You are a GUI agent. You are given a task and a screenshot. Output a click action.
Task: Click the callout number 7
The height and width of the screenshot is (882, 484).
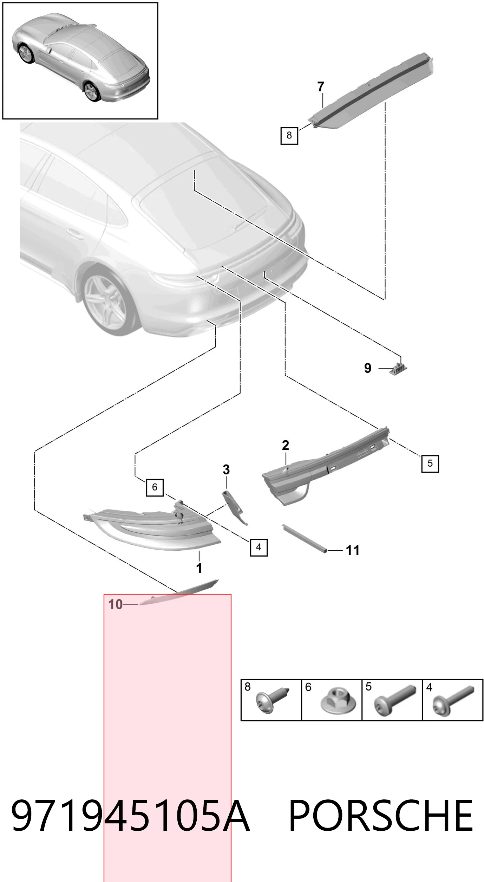tap(320, 86)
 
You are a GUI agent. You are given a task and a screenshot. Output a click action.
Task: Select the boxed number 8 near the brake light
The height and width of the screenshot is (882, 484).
tap(289, 135)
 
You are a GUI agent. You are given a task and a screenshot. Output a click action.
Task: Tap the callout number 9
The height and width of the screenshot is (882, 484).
tap(367, 368)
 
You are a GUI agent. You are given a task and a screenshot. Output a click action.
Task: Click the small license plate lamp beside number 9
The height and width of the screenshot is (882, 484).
tap(398, 369)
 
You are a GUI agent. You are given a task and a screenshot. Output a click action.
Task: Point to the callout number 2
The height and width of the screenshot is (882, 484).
tap(285, 446)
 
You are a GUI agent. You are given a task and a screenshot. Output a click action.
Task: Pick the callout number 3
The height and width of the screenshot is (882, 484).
tap(226, 469)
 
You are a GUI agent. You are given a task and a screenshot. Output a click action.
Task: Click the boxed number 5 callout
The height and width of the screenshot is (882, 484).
tap(430, 463)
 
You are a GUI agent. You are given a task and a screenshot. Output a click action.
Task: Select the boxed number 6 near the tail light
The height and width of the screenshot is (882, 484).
tap(155, 487)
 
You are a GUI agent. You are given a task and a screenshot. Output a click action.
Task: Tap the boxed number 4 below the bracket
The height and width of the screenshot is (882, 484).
tap(259, 547)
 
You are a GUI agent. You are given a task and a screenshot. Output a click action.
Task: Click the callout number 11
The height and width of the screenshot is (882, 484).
tap(353, 551)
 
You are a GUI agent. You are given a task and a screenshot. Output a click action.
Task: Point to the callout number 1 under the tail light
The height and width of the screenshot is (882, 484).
tap(199, 568)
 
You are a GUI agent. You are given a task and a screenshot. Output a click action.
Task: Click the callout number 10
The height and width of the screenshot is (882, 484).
tap(116, 604)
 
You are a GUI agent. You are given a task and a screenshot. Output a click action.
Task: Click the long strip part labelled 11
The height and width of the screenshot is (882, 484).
tap(304, 539)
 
